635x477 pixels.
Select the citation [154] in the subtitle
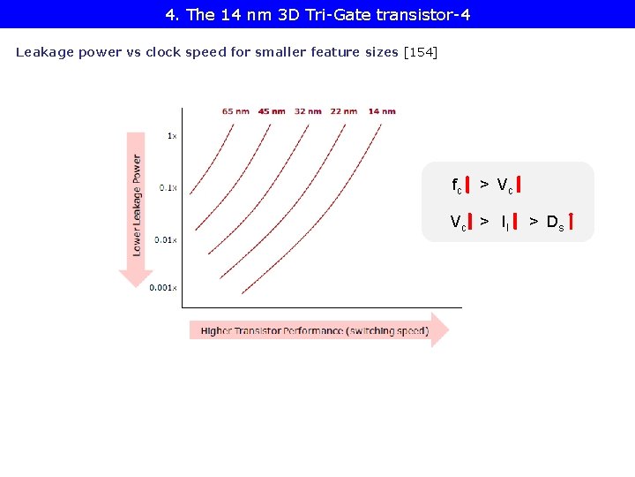click(420, 52)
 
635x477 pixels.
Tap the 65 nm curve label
click(235, 111)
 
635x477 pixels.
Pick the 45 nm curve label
click(272, 111)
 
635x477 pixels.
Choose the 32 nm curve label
click(308, 111)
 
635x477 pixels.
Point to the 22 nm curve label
click(344, 111)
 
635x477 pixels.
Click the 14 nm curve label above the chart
click(382, 111)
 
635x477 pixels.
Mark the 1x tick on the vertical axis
click(172, 136)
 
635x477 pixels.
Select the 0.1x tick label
click(168, 187)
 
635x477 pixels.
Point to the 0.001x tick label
click(163, 288)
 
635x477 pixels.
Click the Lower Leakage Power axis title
click(137, 205)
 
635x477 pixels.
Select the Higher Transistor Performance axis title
click(314, 331)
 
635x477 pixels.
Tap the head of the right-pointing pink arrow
click(440, 330)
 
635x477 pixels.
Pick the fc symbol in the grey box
click(457, 185)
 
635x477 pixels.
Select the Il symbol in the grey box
click(504, 223)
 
